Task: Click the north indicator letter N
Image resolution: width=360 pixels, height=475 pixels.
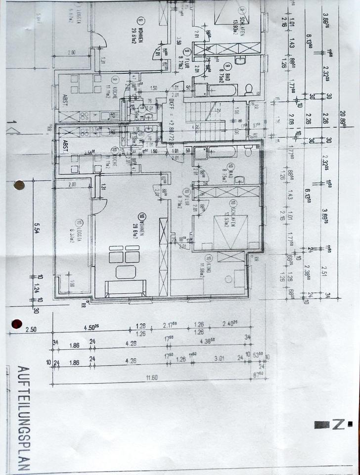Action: point(337,424)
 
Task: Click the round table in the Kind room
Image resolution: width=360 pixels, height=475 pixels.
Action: point(228,279)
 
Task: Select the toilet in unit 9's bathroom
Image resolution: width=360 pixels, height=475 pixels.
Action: point(249,89)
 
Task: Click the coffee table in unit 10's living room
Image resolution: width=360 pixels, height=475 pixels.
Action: point(126,272)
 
